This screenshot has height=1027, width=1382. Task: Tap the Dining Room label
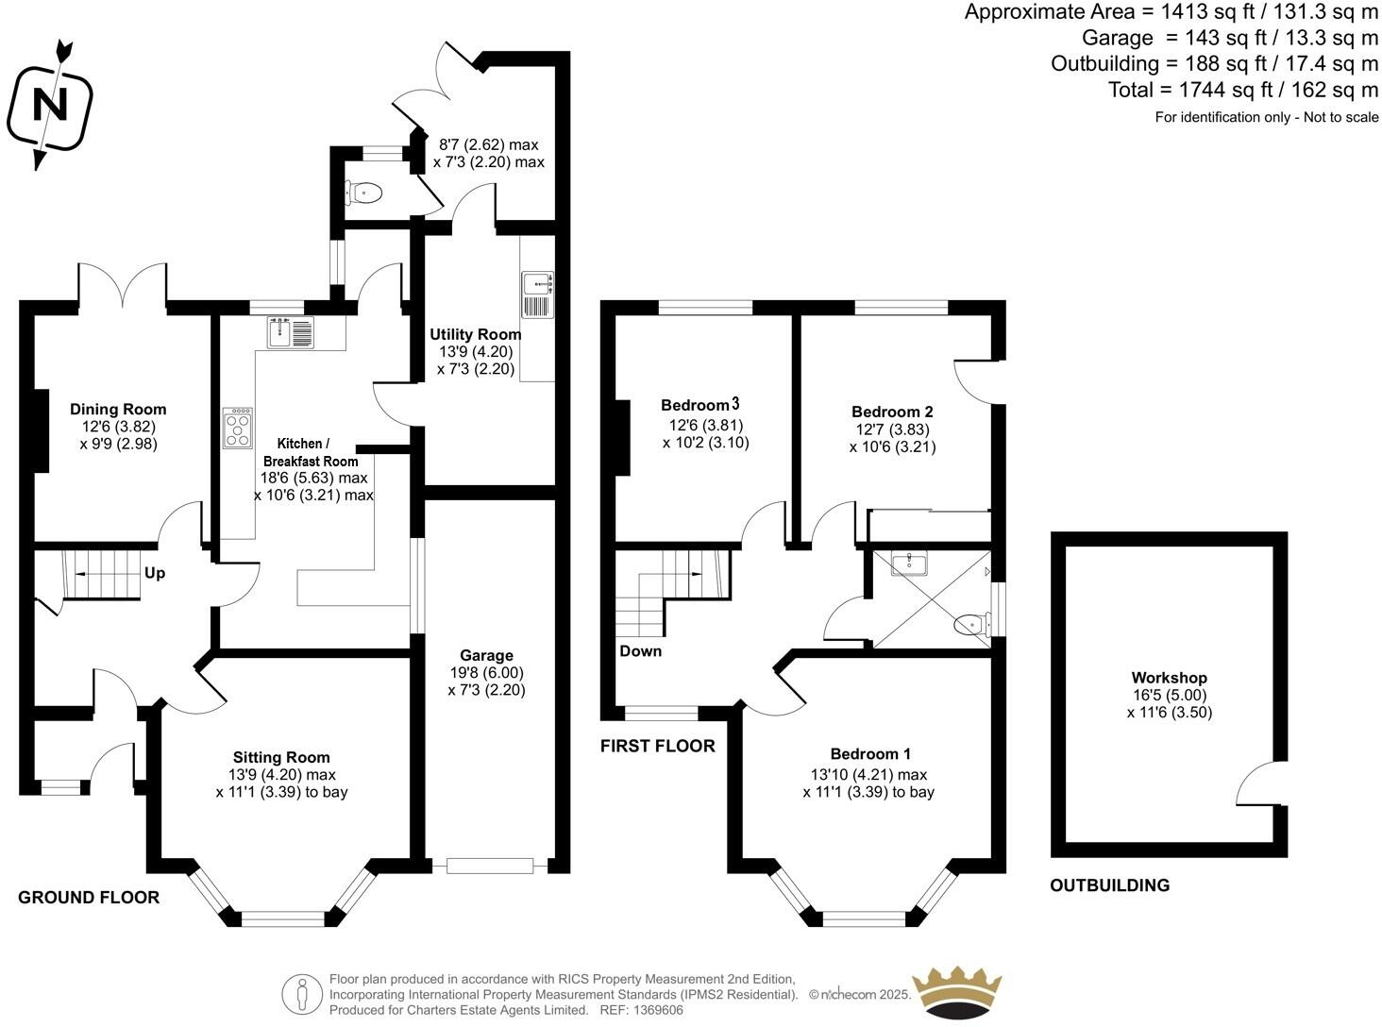(x=118, y=410)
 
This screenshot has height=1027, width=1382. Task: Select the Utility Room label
(x=475, y=334)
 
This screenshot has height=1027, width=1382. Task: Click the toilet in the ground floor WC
(x=365, y=194)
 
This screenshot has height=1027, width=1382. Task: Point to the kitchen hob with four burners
(x=238, y=428)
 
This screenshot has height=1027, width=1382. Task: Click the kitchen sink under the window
(x=291, y=333)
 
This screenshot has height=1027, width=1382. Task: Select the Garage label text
(x=486, y=655)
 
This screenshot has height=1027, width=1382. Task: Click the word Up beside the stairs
(x=155, y=573)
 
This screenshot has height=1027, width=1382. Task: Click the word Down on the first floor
(x=640, y=651)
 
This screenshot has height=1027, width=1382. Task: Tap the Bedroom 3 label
(x=699, y=405)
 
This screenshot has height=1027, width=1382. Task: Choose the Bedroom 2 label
(x=892, y=412)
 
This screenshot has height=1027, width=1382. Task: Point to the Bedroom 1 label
(x=870, y=753)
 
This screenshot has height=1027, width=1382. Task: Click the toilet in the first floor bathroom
(x=969, y=624)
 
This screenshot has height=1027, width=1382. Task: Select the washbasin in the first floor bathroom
(x=908, y=564)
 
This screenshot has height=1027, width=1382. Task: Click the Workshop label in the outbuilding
(x=1169, y=678)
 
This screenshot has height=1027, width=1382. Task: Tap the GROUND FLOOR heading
(x=89, y=898)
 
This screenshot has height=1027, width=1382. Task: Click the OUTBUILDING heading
(x=1109, y=885)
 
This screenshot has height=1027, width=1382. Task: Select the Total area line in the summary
(x=1243, y=91)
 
